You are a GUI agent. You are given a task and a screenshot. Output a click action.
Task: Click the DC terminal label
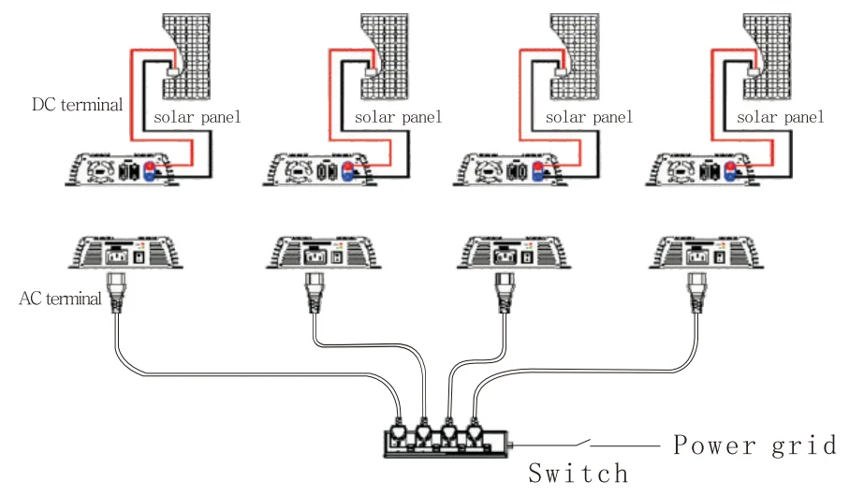[x=77, y=105]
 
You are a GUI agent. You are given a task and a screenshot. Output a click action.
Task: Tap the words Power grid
[x=754, y=445]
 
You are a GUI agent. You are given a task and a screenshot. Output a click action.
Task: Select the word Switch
[x=578, y=473]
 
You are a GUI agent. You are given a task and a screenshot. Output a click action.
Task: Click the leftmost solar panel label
[x=197, y=117]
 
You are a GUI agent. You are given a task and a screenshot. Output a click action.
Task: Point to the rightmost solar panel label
[x=780, y=117]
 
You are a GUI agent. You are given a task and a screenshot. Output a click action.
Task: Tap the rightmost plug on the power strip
[x=475, y=431]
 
